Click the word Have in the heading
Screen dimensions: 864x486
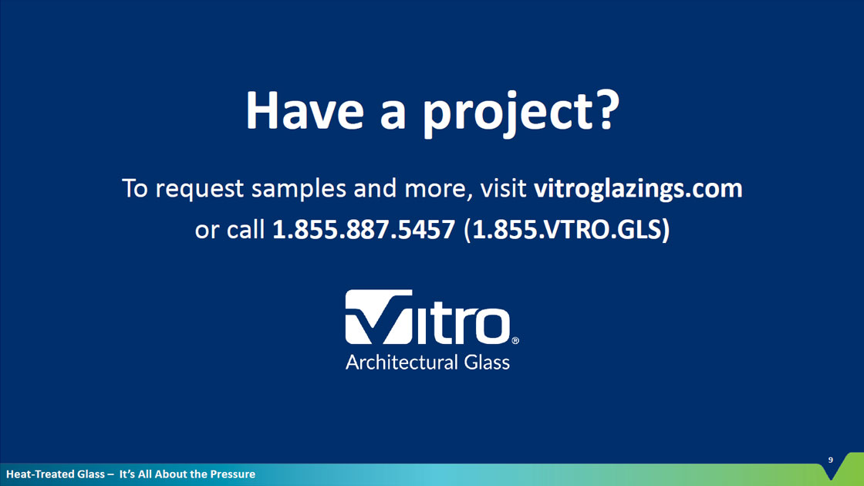[x=305, y=111]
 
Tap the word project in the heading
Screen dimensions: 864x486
[x=503, y=114]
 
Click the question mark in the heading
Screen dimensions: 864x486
[x=604, y=110]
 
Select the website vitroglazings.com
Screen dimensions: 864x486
[x=638, y=189]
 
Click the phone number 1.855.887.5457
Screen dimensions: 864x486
[x=363, y=229]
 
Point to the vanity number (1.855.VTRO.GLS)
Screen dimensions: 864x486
[x=567, y=230]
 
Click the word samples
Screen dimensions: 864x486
[x=299, y=189]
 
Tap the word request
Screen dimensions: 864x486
[x=200, y=190]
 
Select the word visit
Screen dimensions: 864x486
[x=503, y=188]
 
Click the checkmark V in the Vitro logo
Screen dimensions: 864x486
[x=379, y=317]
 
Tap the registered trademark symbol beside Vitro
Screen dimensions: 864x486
[x=515, y=340]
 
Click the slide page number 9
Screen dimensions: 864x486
[x=830, y=460]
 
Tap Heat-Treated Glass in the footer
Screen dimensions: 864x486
[x=55, y=474]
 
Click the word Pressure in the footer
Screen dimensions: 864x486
[x=232, y=474]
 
